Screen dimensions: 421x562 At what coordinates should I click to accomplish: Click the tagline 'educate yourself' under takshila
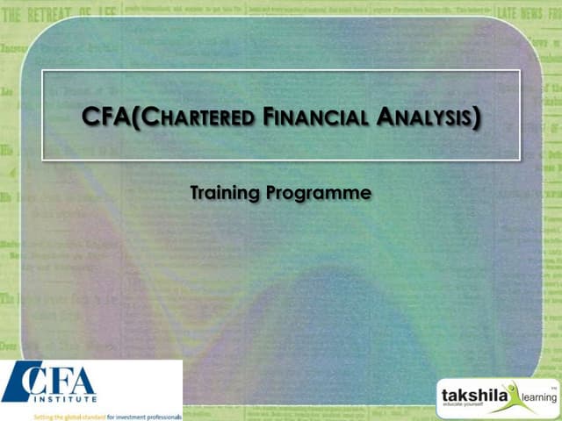tap(463, 408)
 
